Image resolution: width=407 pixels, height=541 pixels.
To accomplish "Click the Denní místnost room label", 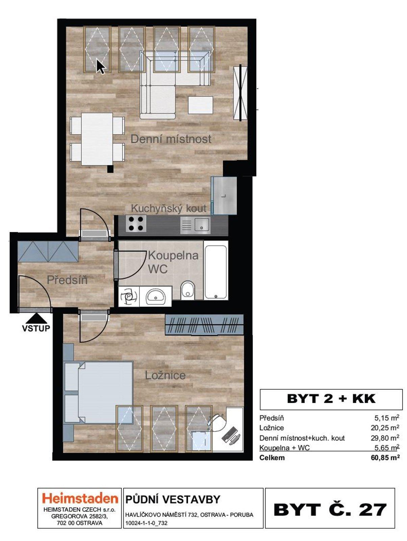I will [x=171, y=139].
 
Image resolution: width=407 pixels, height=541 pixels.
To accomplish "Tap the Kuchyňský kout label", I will [x=168, y=208].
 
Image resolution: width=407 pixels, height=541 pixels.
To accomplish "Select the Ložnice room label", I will [x=165, y=375].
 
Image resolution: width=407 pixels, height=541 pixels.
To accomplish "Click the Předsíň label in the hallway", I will [x=67, y=280].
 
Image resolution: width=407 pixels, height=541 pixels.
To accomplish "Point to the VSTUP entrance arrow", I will [x=36, y=319].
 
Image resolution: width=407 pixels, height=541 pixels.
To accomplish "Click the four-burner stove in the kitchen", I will [x=136, y=224].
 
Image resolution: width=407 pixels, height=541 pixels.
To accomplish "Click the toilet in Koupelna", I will [x=188, y=290].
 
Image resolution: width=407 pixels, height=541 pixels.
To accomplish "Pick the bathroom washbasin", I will [x=156, y=297].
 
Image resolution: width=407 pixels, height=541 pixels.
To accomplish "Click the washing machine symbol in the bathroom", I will [x=129, y=297].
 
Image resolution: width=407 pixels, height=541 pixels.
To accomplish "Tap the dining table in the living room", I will [x=97, y=139].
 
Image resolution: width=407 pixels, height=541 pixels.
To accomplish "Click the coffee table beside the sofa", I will [x=201, y=105].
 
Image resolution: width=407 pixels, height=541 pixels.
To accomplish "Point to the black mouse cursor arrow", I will [x=100, y=66].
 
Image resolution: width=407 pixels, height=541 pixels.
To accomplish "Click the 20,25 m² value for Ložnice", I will [x=385, y=428].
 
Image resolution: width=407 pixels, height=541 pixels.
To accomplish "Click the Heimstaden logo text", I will [x=80, y=498].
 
